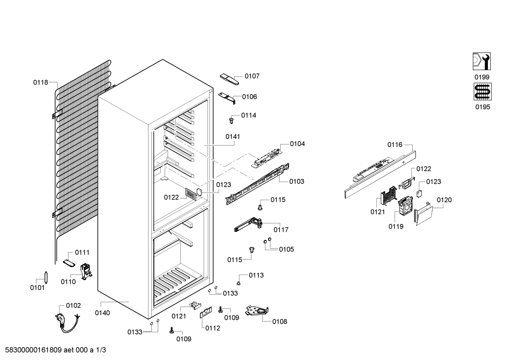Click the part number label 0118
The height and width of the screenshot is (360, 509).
pyautogui.click(x=41, y=82)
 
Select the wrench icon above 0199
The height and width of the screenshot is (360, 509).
pyautogui.click(x=482, y=61)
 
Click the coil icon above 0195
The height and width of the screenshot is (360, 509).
pyautogui.click(x=483, y=92)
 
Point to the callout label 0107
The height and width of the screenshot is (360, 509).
pyautogui.click(x=252, y=76)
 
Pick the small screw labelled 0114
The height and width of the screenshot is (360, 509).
pyautogui.click(x=231, y=120)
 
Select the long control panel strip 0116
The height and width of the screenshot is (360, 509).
pyautogui.click(x=380, y=175)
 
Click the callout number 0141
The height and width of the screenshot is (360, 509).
pyautogui.click(x=233, y=137)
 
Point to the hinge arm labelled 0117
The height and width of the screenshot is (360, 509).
pyautogui.click(x=248, y=224)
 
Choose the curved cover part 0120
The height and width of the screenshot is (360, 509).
pyautogui.click(x=423, y=213)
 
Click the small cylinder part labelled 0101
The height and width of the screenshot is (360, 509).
pyautogui.click(x=46, y=277)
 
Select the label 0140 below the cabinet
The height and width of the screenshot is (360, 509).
pyautogui.click(x=102, y=313)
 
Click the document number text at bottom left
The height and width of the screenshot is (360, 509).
pyautogui.click(x=55, y=350)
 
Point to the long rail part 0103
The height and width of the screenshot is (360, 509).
pyautogui.click(x=257, y=184)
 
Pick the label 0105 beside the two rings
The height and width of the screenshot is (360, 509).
pyautogui.click(x=286, y=249)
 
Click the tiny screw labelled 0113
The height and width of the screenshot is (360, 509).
pyautogui.click(x=239, y=283)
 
